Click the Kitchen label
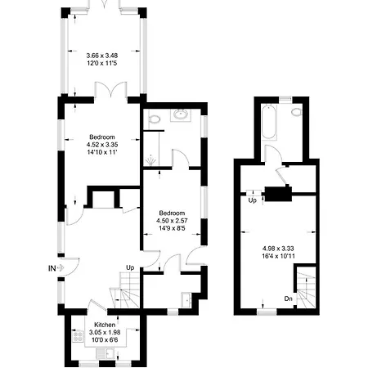(x=105, y=325)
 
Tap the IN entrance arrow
(x=61, y=268)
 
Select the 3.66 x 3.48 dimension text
(x=102, y=56)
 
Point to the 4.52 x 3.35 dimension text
(x=102, y=145)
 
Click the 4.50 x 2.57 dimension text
(x=172, y=221)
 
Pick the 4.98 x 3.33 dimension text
(x=278, y=249)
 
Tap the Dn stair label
(x=288, y=298)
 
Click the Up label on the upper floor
(x=253, y=200)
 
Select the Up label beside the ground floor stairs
(x=130, y=268)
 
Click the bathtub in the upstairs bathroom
(x=269, y=122)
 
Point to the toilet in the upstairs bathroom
(x=296, y=112)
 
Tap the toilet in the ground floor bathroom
(x=155, y=119)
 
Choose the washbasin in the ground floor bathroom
(x=180, y=114)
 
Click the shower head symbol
(x=150, y=160)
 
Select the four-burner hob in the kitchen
(x=78, y=337)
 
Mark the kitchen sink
(x=108, y=353)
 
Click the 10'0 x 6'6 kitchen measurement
(x=105, y=340)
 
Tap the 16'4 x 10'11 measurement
(x=278, y=256)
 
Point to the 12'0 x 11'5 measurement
(x=102, y=63)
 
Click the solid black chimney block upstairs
(x=278, y=194)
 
